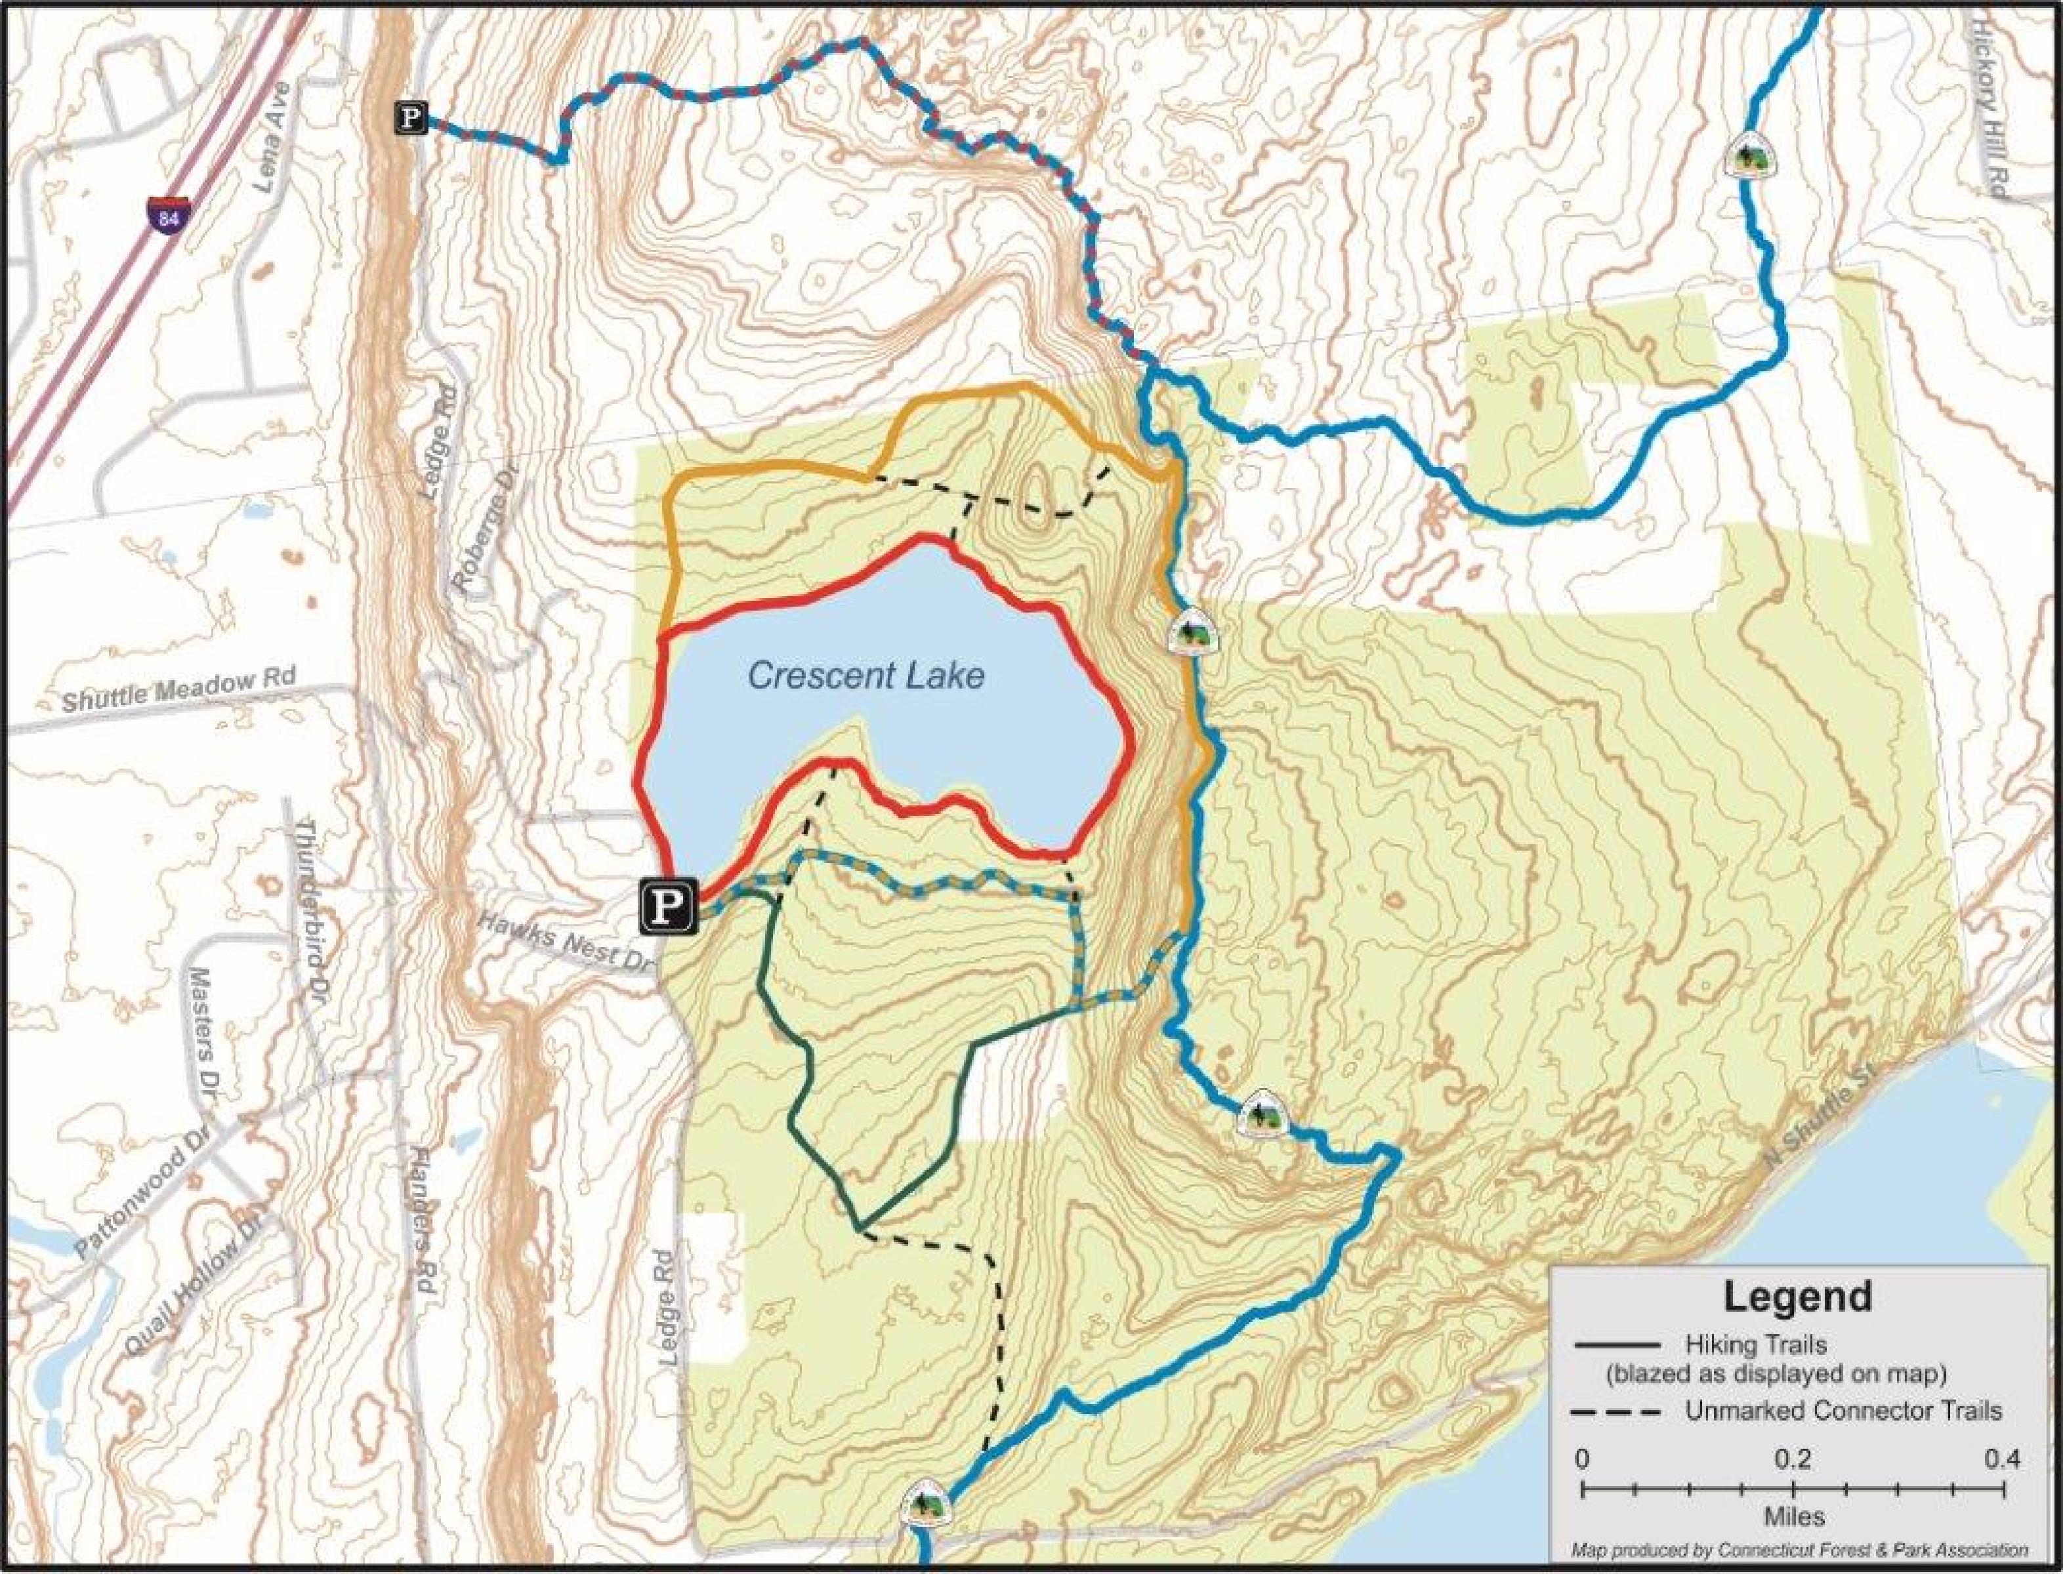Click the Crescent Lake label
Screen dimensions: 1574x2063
[866, 676]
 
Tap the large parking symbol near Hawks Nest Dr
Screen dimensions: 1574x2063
[668, 906]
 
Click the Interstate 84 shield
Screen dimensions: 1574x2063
[167, 214]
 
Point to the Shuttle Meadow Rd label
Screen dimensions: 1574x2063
[178, 689]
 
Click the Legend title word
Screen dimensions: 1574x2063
[1797, 1297]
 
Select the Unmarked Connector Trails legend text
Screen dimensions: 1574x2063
[1843, 1411]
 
